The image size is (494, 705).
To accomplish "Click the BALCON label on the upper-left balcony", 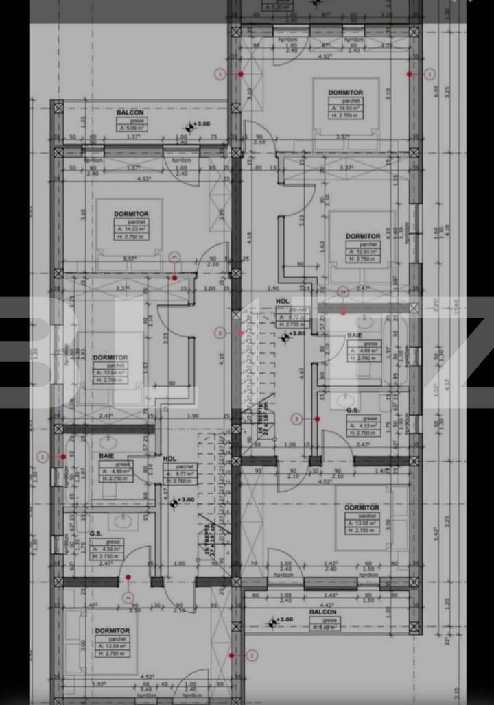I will pos(134,112).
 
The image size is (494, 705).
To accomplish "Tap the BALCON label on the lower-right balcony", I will pos(322,612).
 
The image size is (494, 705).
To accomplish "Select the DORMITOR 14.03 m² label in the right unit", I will pos(345,93).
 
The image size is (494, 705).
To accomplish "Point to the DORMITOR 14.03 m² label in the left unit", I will pos(131,214).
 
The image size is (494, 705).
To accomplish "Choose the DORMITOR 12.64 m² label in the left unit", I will pos(110,357).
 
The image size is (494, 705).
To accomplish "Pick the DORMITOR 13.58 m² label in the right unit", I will pos(362,507).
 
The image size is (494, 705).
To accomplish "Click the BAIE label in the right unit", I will pos(354,335).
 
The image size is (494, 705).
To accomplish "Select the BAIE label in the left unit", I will pos(106,455).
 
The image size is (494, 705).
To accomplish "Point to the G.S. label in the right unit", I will pos(353,410).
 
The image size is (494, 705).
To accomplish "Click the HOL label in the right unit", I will pos(282,301).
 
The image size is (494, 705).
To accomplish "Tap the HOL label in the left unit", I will pos(170,458).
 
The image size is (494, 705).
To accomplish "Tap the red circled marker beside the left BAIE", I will pos(43,456).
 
